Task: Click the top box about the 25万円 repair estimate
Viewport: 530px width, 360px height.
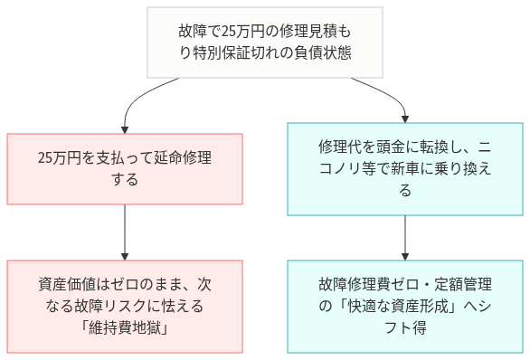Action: coord(265,43)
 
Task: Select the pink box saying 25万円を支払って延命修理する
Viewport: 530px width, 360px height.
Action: coord(125,168)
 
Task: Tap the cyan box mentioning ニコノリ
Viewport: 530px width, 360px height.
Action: coord(404,168)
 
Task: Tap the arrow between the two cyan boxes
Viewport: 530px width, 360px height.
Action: coord(404,237)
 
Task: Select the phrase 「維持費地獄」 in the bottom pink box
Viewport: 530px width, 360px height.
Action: coord(125,327)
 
